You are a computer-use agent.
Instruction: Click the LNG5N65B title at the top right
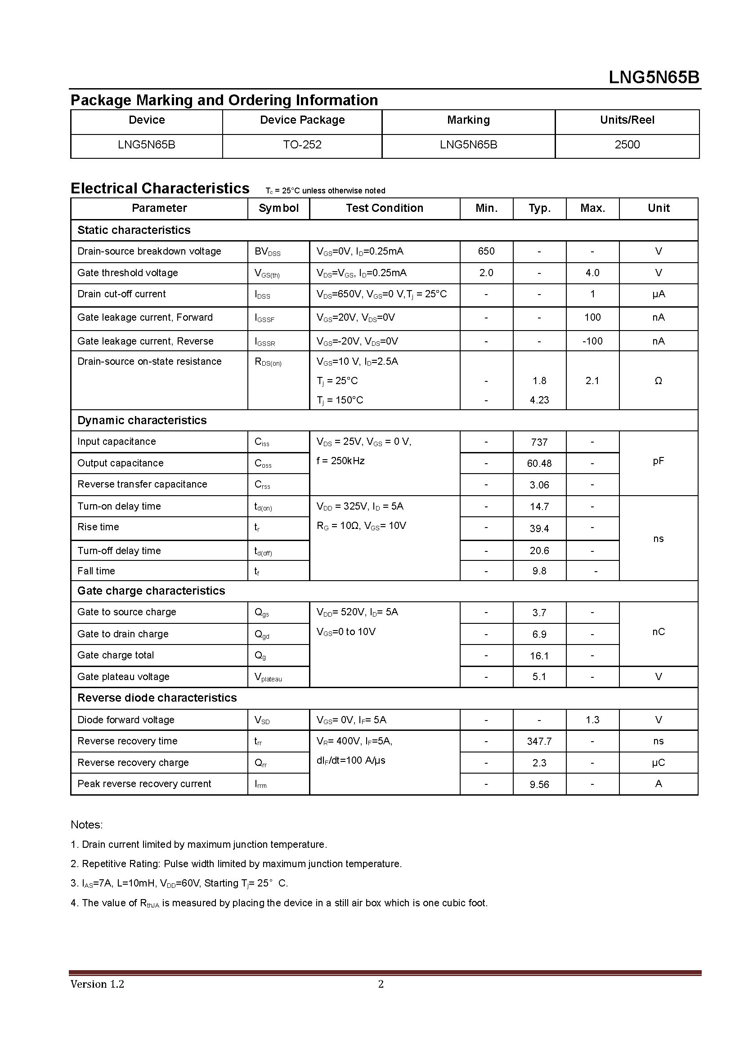(x=654, y=77)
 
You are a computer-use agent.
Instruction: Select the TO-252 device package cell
(x=302, y=145)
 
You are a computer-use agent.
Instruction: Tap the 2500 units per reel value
(x=627, y=145)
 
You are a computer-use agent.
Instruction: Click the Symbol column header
(x=278, y=209)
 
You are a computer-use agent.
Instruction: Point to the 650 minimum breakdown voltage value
(x=486, y=251)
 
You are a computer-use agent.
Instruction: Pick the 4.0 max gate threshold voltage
(x=592, y=273)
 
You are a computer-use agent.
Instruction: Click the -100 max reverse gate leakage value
(x=592, y=341)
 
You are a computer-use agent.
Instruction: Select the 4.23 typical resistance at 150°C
(x=539, y=400)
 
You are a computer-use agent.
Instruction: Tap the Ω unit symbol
(x=658, y=381)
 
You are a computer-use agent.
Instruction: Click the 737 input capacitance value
(x=539, y=442)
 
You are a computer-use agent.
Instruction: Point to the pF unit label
(x=658, y=461)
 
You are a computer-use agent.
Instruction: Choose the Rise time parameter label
(x=98, y=527)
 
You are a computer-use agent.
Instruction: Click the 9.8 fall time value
(x=539, y=571)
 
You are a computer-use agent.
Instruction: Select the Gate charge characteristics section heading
(x=151, y=591)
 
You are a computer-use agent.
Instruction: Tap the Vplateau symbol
(x=268, y=677)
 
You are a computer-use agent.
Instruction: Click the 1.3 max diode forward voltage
(x=592, y=720)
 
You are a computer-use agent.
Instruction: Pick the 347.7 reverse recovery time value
(x=539, y=741)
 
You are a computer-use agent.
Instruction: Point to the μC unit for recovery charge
(x=658, y=763)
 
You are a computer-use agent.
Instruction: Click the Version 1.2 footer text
(x=97, y=984)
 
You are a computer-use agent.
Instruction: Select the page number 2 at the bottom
(x=381, y=984)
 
